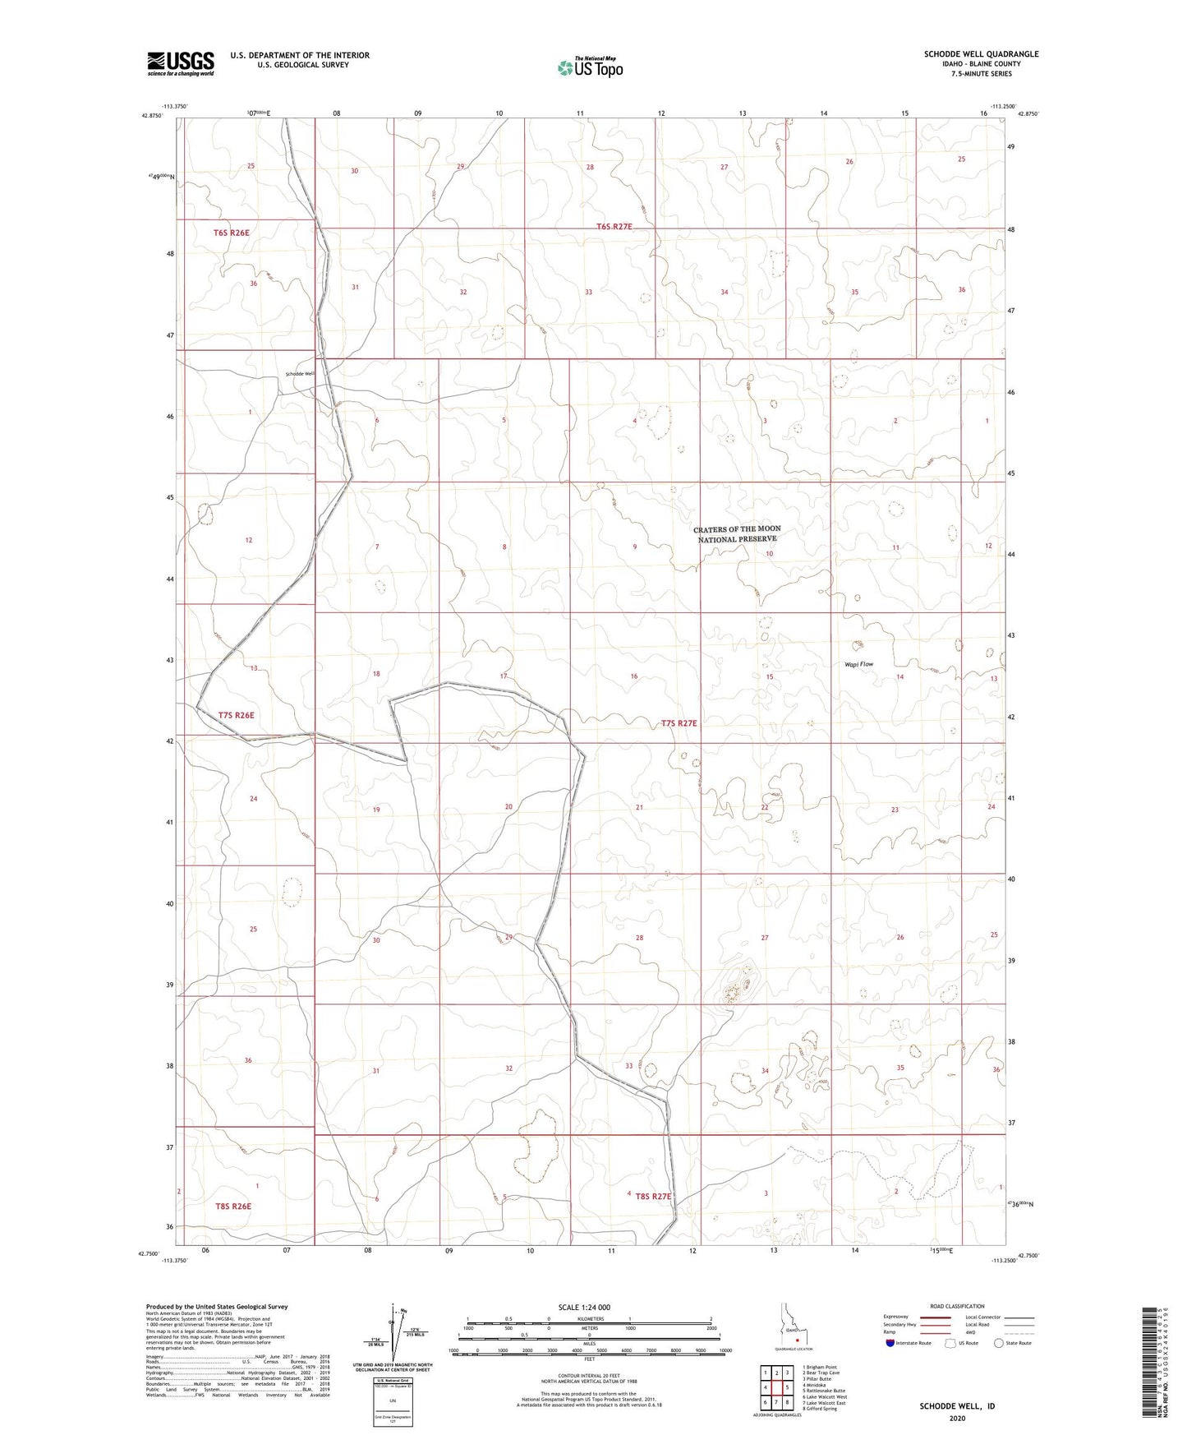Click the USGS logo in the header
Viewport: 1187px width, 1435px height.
(x=180, y=63)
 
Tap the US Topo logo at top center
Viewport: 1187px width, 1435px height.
(x=589, y=67)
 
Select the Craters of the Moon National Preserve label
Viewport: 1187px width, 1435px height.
(x=737, y=534)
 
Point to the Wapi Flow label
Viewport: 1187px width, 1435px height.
(x=858, y=664)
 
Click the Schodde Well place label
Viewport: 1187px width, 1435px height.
(x=300, y=374)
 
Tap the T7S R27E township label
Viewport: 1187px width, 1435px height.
(x=679, y=723)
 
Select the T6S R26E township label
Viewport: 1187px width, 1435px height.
(x=231, y=233)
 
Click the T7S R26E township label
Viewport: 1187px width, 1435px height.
(x=237, y=715)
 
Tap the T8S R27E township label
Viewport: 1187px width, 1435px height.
(x=649, y=1197)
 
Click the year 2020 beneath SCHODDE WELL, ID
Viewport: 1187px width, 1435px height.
(x=957, y=1418)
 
